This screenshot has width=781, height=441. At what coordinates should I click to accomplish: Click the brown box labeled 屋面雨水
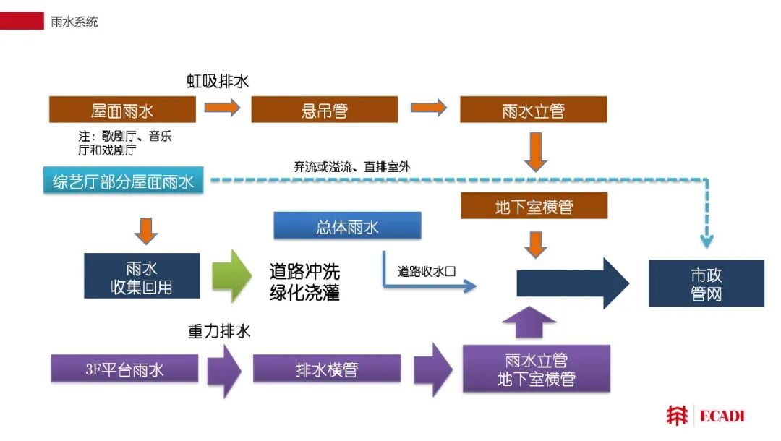point(122,109)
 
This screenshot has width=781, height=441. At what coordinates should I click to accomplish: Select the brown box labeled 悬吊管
point(324,109)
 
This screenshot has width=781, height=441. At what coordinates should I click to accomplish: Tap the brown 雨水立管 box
point(534,109)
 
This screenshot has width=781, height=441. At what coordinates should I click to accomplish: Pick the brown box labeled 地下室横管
point(534,205)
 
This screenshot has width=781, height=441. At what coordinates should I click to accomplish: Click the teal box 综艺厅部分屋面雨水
point(123,180)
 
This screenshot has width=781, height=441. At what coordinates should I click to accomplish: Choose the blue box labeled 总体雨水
point(347,226)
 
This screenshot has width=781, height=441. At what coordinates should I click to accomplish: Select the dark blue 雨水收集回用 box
point(142,275)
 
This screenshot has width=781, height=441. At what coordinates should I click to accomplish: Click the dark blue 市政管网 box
point(707,283)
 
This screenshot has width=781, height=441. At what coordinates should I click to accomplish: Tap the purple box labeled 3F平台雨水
point(124,368)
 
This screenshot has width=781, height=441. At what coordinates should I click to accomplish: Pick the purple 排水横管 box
point(327,368)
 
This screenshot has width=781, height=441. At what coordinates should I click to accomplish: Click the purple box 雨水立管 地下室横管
point(537,369)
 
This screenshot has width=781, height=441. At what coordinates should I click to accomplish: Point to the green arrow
point(231,276)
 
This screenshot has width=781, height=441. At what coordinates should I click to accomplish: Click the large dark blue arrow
point(573,283)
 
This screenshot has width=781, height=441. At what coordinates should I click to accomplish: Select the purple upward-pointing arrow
point(529,323)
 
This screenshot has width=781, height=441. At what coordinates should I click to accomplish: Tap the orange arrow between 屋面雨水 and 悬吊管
point(222,108)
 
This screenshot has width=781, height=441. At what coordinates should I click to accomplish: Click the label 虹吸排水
point(218,81)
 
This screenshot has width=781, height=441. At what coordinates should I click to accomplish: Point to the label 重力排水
point(218,331)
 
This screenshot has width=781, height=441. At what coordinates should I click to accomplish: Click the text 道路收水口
point(427,271)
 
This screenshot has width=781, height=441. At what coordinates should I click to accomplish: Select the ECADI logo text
point(722,416)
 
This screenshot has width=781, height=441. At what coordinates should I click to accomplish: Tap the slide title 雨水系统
point(74,22)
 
